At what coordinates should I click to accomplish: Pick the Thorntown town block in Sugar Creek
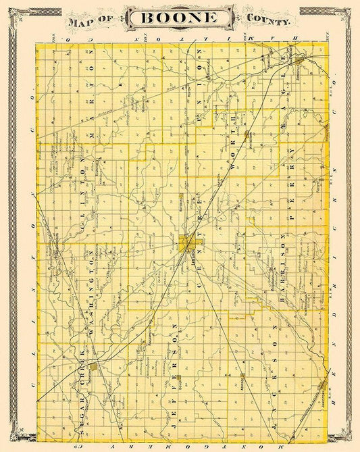(92, 366)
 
